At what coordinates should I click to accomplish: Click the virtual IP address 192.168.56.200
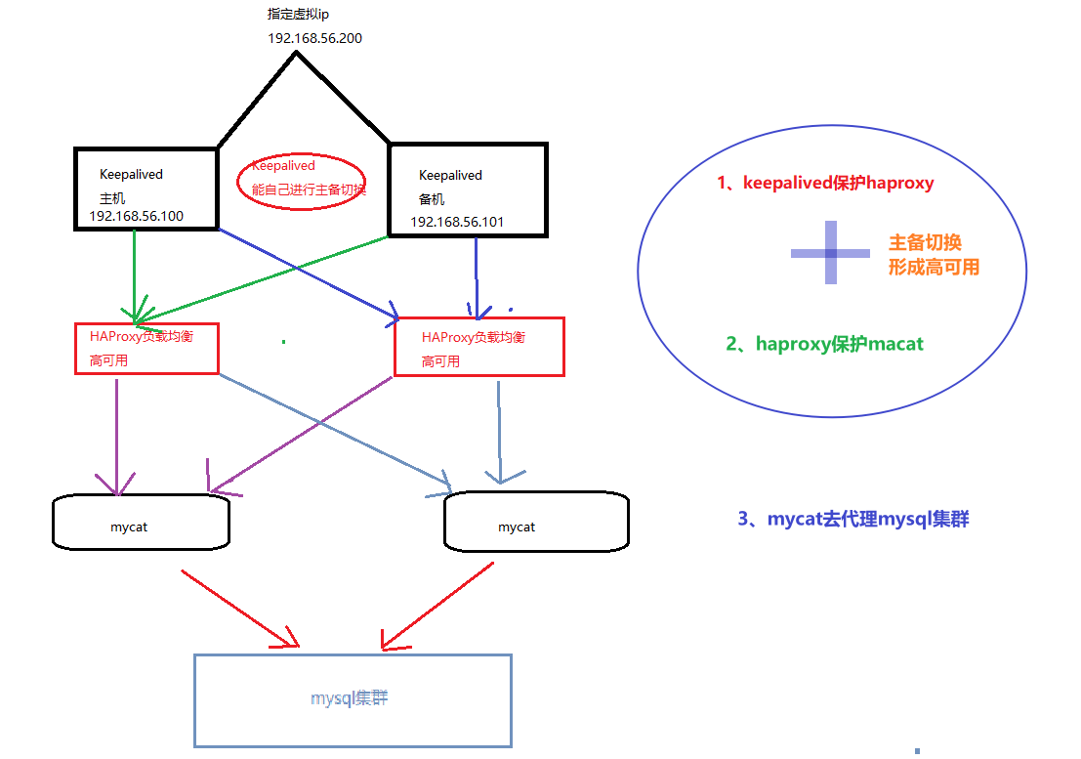coord(314,38)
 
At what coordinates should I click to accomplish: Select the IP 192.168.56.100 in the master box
coord(136,216)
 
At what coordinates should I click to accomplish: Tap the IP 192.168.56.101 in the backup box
coord(457,222)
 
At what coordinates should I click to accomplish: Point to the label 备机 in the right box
coord(432,198)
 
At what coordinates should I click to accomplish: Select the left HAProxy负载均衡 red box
coord(146,348)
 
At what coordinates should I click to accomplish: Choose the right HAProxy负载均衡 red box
coord(478,347)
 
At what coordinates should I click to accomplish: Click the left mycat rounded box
coord(141,522)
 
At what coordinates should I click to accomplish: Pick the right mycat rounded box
coord(536,523)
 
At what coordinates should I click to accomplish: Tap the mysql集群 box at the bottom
coord(353,700)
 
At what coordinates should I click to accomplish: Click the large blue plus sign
coord(830,253)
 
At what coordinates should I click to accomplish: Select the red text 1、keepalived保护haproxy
coord(825,183)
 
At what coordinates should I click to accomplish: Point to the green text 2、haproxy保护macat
coord(825,344)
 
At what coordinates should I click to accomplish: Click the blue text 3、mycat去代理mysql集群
coord(853,519)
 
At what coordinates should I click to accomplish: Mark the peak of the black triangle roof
coord(295,53)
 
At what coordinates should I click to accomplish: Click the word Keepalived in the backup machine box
coord(450,176)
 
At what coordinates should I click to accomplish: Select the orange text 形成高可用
coord(934,267)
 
